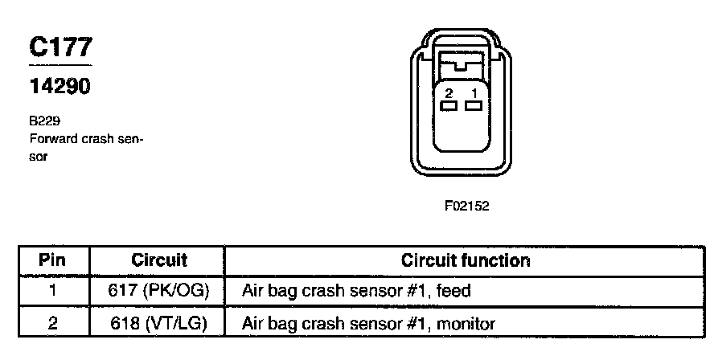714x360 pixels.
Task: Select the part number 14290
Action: click(x=59, y=86)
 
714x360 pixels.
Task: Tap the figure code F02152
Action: click(x=466, y=206)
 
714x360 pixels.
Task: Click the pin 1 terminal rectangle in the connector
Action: click(x=474, y=105)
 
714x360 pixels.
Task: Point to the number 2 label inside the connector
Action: click(x=449, y=93)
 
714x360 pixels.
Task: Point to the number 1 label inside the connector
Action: click(x=474, y=93)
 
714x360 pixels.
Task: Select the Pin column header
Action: click(x=52, y=260)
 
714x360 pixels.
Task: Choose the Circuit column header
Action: click(x=158, y=260)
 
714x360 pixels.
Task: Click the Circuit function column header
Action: click(x=466, y=260)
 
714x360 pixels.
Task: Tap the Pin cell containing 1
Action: click(x=52, y=291)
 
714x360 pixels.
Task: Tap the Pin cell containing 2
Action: click(x=52, y=323)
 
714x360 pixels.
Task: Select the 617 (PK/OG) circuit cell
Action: click(x=158, y=291)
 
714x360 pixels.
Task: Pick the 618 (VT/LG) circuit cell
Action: click(x=158, y=323)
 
